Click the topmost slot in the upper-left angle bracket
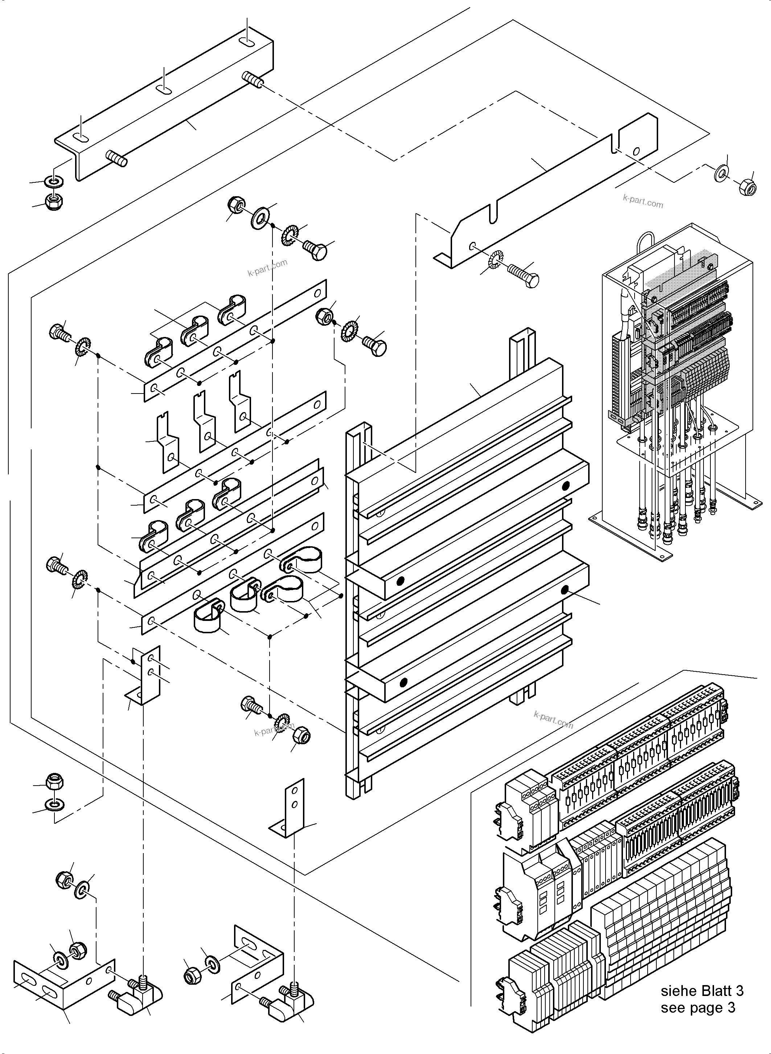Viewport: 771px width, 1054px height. (x=247, y=43)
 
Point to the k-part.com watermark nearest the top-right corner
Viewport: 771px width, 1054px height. (x=643, y=201)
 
